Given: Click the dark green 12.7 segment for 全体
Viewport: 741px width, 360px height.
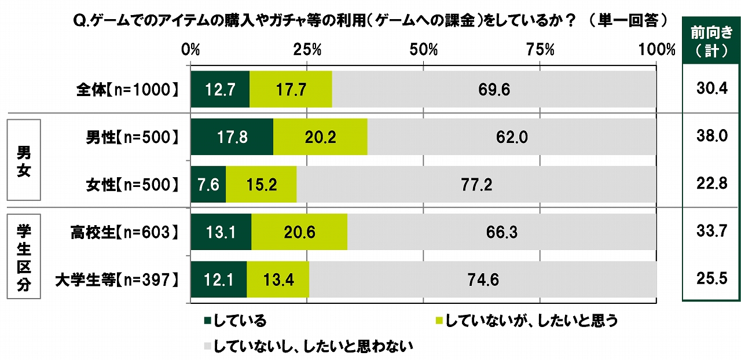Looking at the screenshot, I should (x=220, y=89).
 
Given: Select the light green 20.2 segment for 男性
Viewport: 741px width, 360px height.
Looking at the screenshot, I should (x=320, y=137).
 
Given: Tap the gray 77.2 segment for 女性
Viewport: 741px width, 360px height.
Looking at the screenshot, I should (x=476, y=185).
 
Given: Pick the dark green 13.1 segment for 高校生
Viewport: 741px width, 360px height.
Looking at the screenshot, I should (x=221, y=232).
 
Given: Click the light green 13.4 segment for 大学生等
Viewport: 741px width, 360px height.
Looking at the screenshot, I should (x=278, y=280).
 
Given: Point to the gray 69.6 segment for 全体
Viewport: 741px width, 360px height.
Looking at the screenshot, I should (x=494, y=89).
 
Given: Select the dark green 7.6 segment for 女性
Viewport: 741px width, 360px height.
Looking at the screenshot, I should (x=208, y=185).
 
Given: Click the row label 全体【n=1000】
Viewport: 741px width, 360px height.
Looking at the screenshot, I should (x=125, y=90).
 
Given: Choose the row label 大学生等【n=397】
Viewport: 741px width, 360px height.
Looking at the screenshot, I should (x=115, y=280).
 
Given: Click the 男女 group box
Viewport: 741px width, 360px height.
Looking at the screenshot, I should (x=23, y=160).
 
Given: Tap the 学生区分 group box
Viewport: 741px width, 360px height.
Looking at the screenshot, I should (x=23, y=256).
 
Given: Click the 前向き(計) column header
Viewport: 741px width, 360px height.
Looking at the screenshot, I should (x=711, y=42).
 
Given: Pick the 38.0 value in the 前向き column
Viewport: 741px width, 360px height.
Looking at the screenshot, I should (x=711, y=137).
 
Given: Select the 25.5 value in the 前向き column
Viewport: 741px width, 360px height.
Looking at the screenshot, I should (x=711, y=280).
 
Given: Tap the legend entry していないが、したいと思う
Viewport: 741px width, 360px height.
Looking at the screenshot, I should (x=526, y=320).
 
